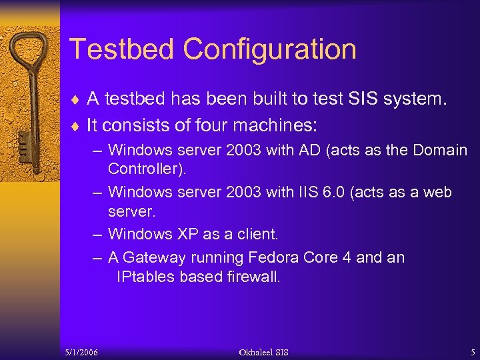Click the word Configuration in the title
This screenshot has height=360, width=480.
[x=270, y=49]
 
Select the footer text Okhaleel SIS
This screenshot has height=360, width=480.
[x=264, y=351]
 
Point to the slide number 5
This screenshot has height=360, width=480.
[x=472, y=351]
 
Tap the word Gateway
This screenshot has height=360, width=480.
[x=154, y=257]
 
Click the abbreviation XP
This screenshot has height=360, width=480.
[x=187, y=234]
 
